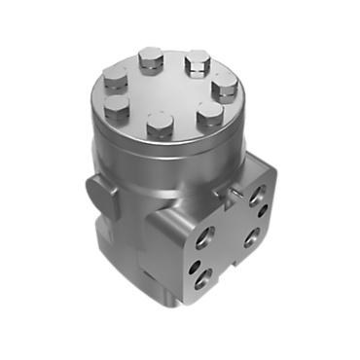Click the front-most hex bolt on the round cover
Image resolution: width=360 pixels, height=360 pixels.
click(x=160, y=126)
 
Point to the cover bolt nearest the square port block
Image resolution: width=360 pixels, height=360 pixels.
click(x=208, y=116)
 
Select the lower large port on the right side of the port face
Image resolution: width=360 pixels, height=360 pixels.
click(x=251, y=236)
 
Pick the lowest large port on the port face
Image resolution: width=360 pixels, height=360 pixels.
click(x=204, y=279)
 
